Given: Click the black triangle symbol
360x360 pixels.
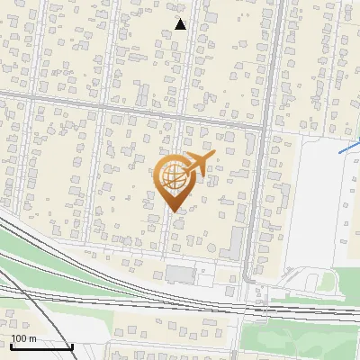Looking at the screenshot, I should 180,24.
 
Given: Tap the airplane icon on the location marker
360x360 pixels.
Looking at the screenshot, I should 200,163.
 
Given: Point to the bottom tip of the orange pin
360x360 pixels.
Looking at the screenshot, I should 175,211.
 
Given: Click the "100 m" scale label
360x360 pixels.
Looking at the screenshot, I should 23,339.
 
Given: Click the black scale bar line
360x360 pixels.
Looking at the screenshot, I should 40,346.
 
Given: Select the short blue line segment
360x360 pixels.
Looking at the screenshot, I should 349,147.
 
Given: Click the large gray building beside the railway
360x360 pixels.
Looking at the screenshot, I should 181,273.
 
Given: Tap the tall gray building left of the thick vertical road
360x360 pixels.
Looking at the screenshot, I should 236,241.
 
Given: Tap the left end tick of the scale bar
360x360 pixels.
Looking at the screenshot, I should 10,346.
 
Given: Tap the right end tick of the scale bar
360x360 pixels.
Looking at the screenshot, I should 72,346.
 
